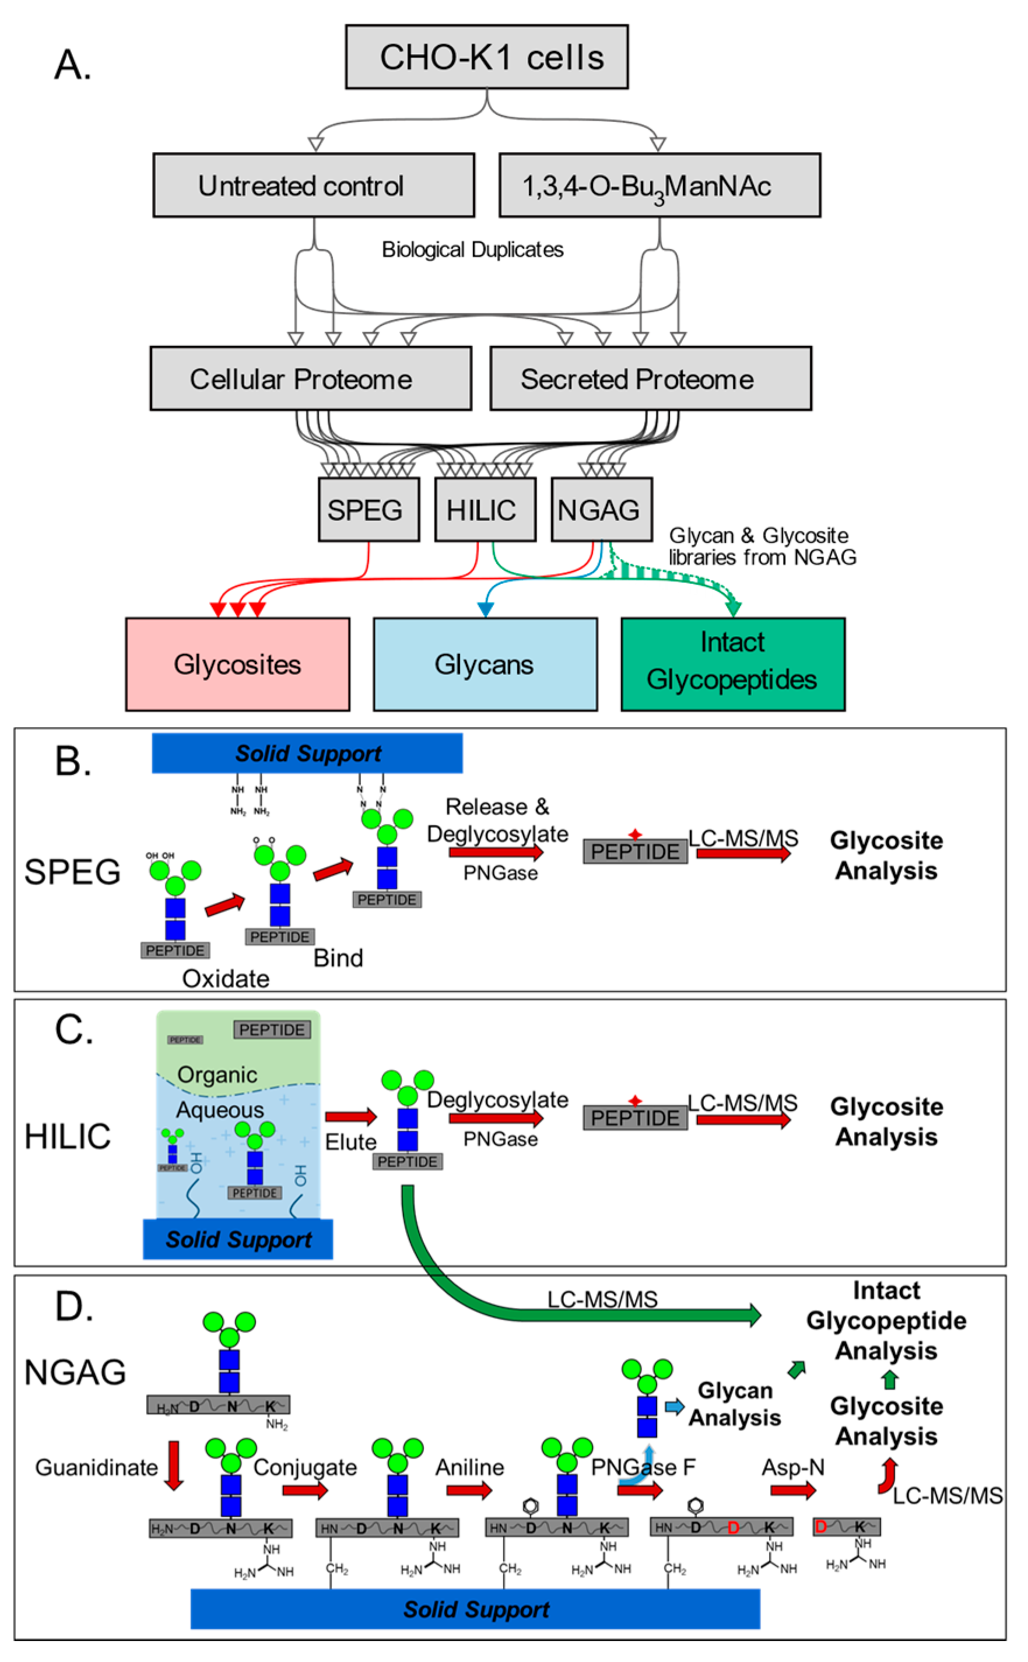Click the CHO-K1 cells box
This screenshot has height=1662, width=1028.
pos(486,57)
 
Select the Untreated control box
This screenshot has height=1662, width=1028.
pos(314,185)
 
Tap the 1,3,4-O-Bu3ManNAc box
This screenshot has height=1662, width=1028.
pos(659,185)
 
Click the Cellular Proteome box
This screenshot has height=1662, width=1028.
pos(311,378)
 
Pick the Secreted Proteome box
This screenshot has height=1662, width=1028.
pos(651,378)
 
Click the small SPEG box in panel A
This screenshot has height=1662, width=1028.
pos(369,510)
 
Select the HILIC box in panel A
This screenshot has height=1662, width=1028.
pos(485,510)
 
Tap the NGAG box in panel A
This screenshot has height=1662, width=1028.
pos(602,510)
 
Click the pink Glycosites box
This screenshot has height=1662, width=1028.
pos(237,664)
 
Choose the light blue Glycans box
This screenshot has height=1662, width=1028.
pos(485,664)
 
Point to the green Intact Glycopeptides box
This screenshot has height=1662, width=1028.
pos(732,664)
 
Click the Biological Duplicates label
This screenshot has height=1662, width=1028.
pos(472,250)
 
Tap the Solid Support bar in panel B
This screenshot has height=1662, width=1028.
pos(307,753)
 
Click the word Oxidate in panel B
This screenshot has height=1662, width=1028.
pos(226,979)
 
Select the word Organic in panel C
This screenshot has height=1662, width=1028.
pos(217,1075)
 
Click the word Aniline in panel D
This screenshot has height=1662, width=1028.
pos(470,1467)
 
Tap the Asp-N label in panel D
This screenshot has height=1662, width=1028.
pos(793,1467)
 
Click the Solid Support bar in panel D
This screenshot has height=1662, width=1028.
pos(475,1609)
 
